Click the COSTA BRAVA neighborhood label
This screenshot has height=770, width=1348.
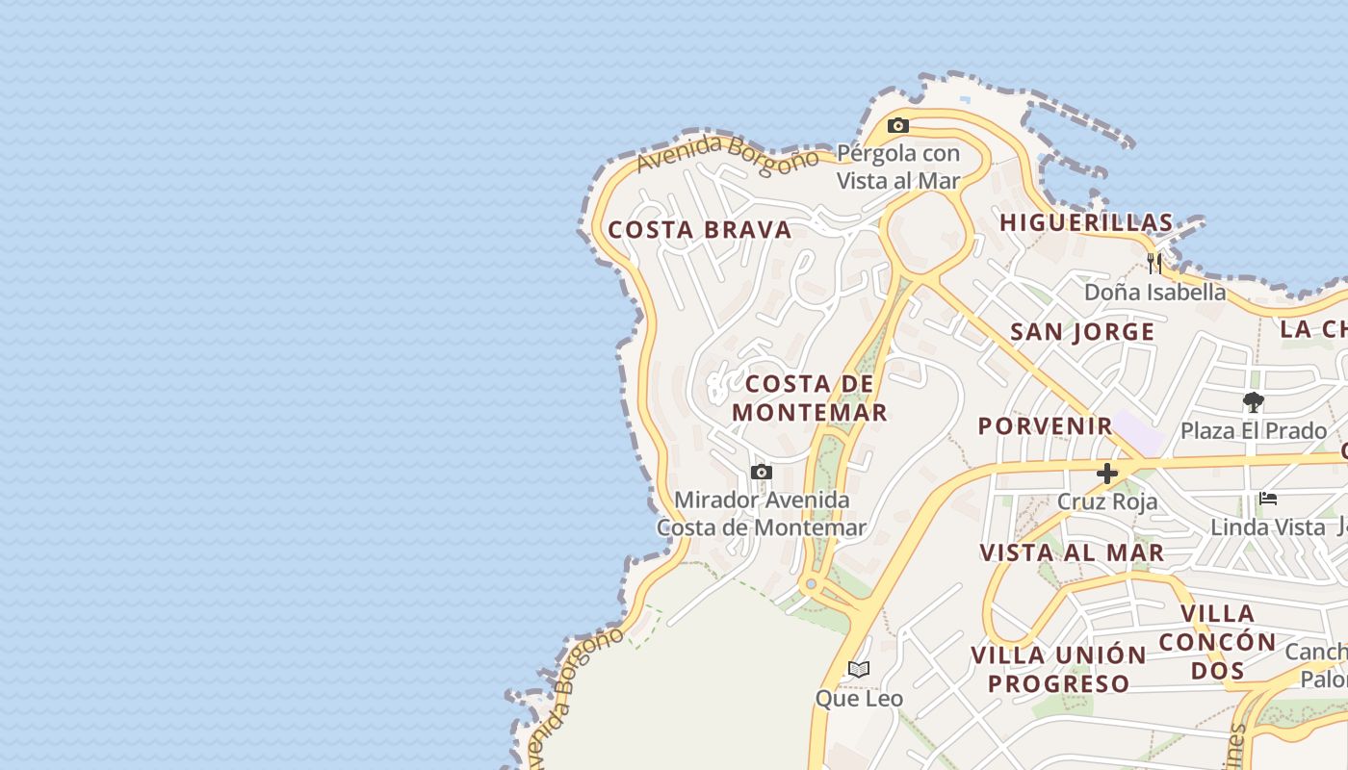(x=700, y=230)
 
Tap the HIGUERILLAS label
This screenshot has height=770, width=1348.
(x=1086, y=222)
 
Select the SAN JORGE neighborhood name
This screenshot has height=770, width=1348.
(x=1082, y=332)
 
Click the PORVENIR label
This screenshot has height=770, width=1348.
(x=1045, y=425)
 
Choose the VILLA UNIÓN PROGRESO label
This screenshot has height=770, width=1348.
(x=1058, y=670)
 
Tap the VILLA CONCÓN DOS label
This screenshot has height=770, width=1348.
(x=1217, y=641)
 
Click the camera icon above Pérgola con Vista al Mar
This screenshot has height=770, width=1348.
(x=898, y=126)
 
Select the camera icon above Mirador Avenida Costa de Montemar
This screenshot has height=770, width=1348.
(x=762, y=472)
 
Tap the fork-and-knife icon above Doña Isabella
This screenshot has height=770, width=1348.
(x=1154, y=263)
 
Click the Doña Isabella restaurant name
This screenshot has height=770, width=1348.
(x=1154, y=292)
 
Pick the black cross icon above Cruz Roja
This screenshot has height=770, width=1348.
(x=1107, y=473)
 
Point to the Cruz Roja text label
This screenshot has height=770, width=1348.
(x=1107, y=501)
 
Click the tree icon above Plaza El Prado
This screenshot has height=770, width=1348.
(x=1253, y=402)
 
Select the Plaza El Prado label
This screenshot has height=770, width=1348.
(x=1253, y=430)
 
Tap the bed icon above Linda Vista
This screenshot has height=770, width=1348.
(x=1268, y=499)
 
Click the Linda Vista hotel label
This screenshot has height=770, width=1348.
(x=1268, y=526)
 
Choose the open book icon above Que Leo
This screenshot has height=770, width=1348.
(x=859, y=669)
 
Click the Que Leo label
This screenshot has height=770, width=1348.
(x=859, y=698)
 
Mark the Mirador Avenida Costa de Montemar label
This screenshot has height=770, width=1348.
(x=762, y=514)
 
